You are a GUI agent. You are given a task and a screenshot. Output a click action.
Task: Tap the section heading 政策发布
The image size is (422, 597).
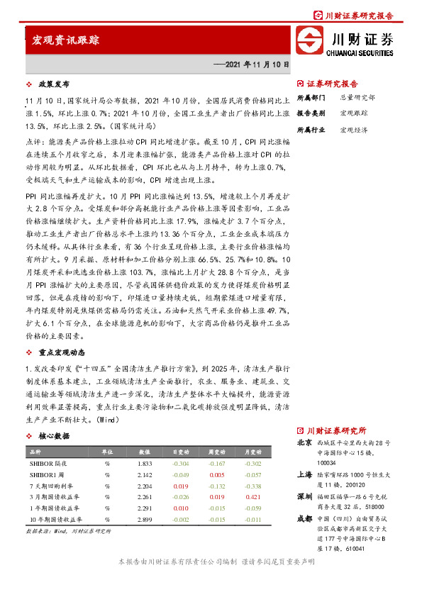[x=53, y=84]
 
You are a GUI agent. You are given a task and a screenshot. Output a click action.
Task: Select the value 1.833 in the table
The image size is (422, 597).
[x=145, y=463]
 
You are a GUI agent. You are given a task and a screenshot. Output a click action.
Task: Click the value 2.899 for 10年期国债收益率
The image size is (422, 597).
[x=145, y=520]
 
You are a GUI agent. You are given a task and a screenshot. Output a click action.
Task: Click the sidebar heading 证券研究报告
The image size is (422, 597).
[x=332, y=83]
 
